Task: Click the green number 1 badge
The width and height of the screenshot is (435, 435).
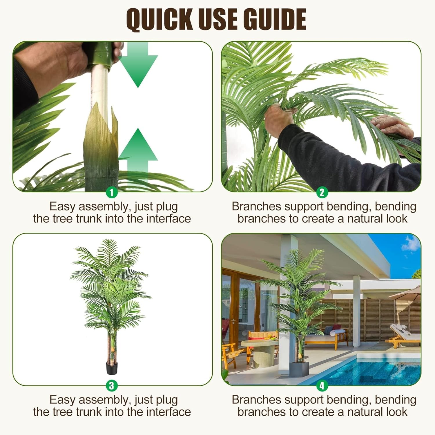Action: (x=112, y=192)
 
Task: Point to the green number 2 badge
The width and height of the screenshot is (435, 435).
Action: (x=322, y=192)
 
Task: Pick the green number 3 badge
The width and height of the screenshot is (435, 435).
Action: (x=112, y=385)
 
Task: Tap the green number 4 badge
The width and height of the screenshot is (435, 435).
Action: (x=322, y=385)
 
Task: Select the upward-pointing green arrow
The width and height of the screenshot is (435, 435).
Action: (x=138, y=154)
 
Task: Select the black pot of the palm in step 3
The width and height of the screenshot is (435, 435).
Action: (x=112, y=368)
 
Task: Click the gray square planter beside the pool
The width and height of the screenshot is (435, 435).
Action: (x=300, y=368)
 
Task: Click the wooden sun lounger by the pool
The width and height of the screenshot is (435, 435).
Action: (x=403, y=338)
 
